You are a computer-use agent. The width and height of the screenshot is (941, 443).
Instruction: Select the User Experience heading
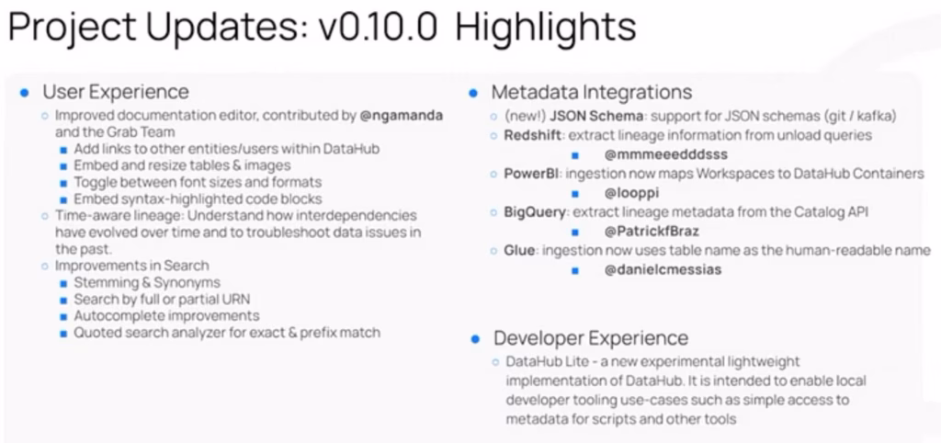point(115,92)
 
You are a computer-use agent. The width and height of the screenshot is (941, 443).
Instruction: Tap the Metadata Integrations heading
point(591,92)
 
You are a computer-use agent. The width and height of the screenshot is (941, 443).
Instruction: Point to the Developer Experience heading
point(591,337)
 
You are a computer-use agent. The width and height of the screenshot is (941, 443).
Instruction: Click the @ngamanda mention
point(401,116)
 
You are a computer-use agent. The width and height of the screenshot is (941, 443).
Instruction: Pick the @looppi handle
point(631,193)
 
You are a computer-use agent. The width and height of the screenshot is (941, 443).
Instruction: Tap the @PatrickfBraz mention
point(652,232)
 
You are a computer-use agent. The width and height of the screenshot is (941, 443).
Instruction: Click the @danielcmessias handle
point(663,270)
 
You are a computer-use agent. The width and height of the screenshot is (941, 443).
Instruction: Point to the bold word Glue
point(519,251)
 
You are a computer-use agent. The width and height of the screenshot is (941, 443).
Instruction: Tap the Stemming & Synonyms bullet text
point(147,283)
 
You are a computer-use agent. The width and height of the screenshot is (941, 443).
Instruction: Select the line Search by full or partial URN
point(162,300)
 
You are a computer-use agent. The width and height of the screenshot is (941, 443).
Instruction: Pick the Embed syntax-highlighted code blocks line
point(198,199)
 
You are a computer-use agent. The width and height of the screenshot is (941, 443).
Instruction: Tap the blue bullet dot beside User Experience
point(25,93)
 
